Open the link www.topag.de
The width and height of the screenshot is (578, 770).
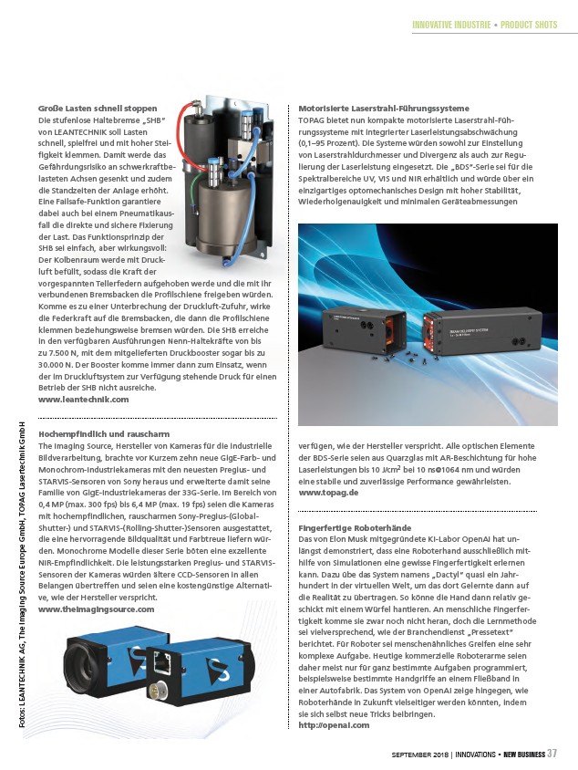pos(328,493)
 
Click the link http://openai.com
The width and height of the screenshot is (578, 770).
pos(335,725)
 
